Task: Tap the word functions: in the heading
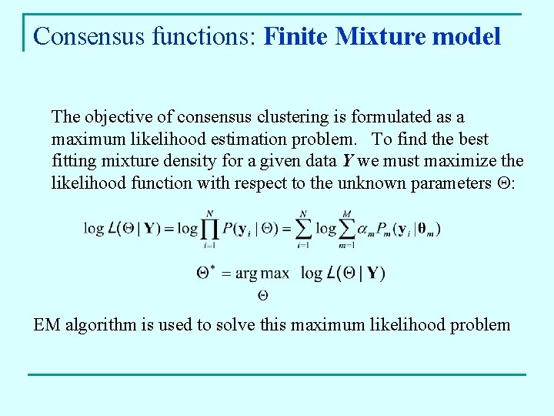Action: click(209, 36)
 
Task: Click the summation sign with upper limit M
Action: click(346, 230)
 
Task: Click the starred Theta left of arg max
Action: click(205, 273)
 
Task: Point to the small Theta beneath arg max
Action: click(262, 294)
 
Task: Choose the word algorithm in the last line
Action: click(98, 324)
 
